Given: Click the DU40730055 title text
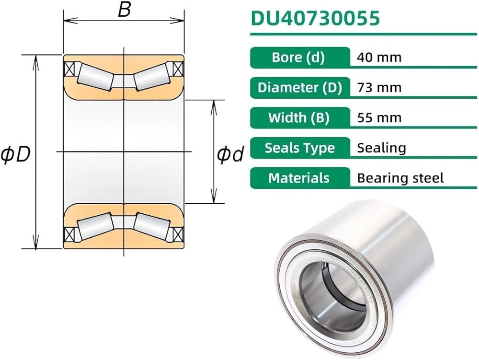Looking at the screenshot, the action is pos(315,18).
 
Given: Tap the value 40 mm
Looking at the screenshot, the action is pos(379,58).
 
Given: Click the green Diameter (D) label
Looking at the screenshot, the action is pos(300,88).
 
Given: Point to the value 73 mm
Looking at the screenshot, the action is pos(379,88).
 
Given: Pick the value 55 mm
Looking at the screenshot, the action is pos(379,117).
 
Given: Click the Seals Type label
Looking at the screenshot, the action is pos(300,148).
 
